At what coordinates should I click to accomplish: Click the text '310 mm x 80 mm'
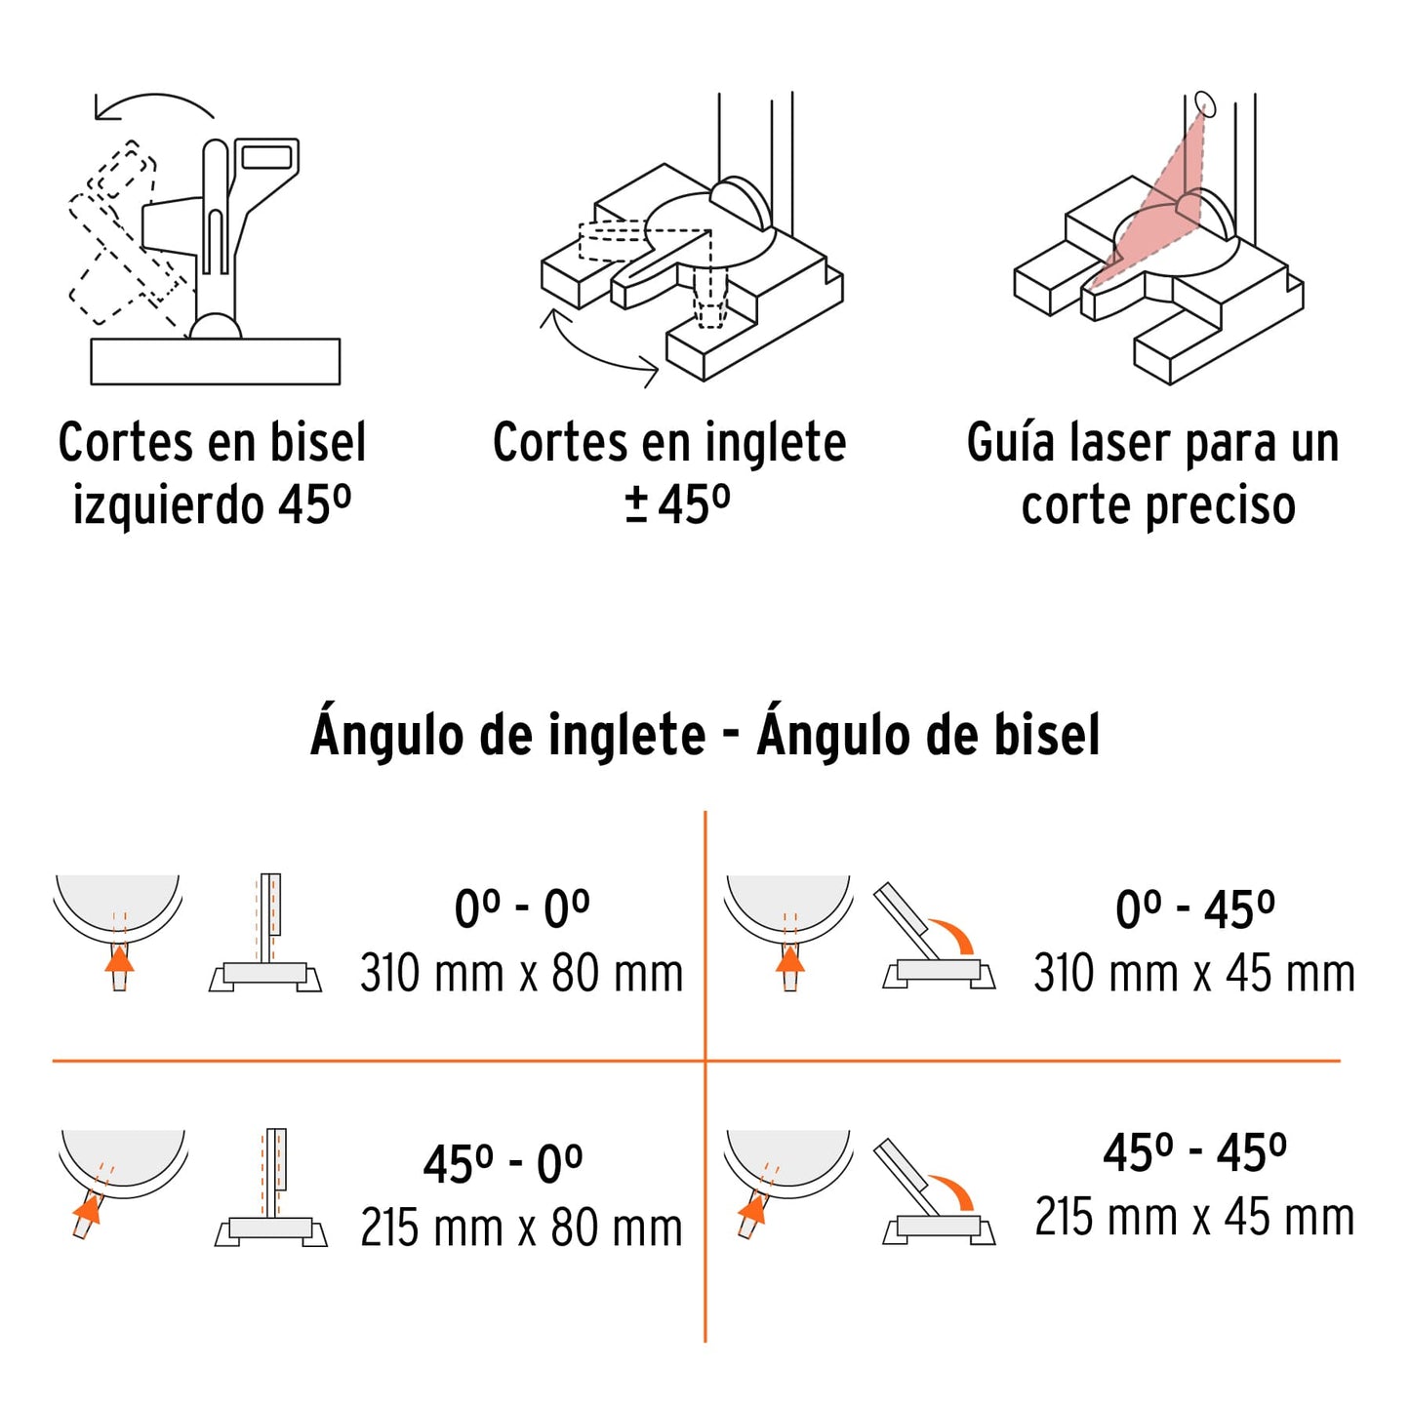click(x=521, y=974)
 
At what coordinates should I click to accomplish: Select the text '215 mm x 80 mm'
click(x=521, y=1229)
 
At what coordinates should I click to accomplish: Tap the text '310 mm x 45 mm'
click(x=1194, y=974)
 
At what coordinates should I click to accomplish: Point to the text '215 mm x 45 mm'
click(x=1194, y=1218)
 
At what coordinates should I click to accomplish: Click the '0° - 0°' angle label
click(x=522, y=909)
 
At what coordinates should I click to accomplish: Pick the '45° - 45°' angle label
click(x=1194, y=1153)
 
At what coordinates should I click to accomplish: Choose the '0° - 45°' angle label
click(x=1194, y=910)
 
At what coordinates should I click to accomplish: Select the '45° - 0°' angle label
click(x=503, y=1164)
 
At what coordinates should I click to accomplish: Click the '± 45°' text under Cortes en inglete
click(x=677, y=504)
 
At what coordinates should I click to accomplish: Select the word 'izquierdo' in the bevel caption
click(x=168, y=506)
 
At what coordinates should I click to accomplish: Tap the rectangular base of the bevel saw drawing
click(x=215, y=361)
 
